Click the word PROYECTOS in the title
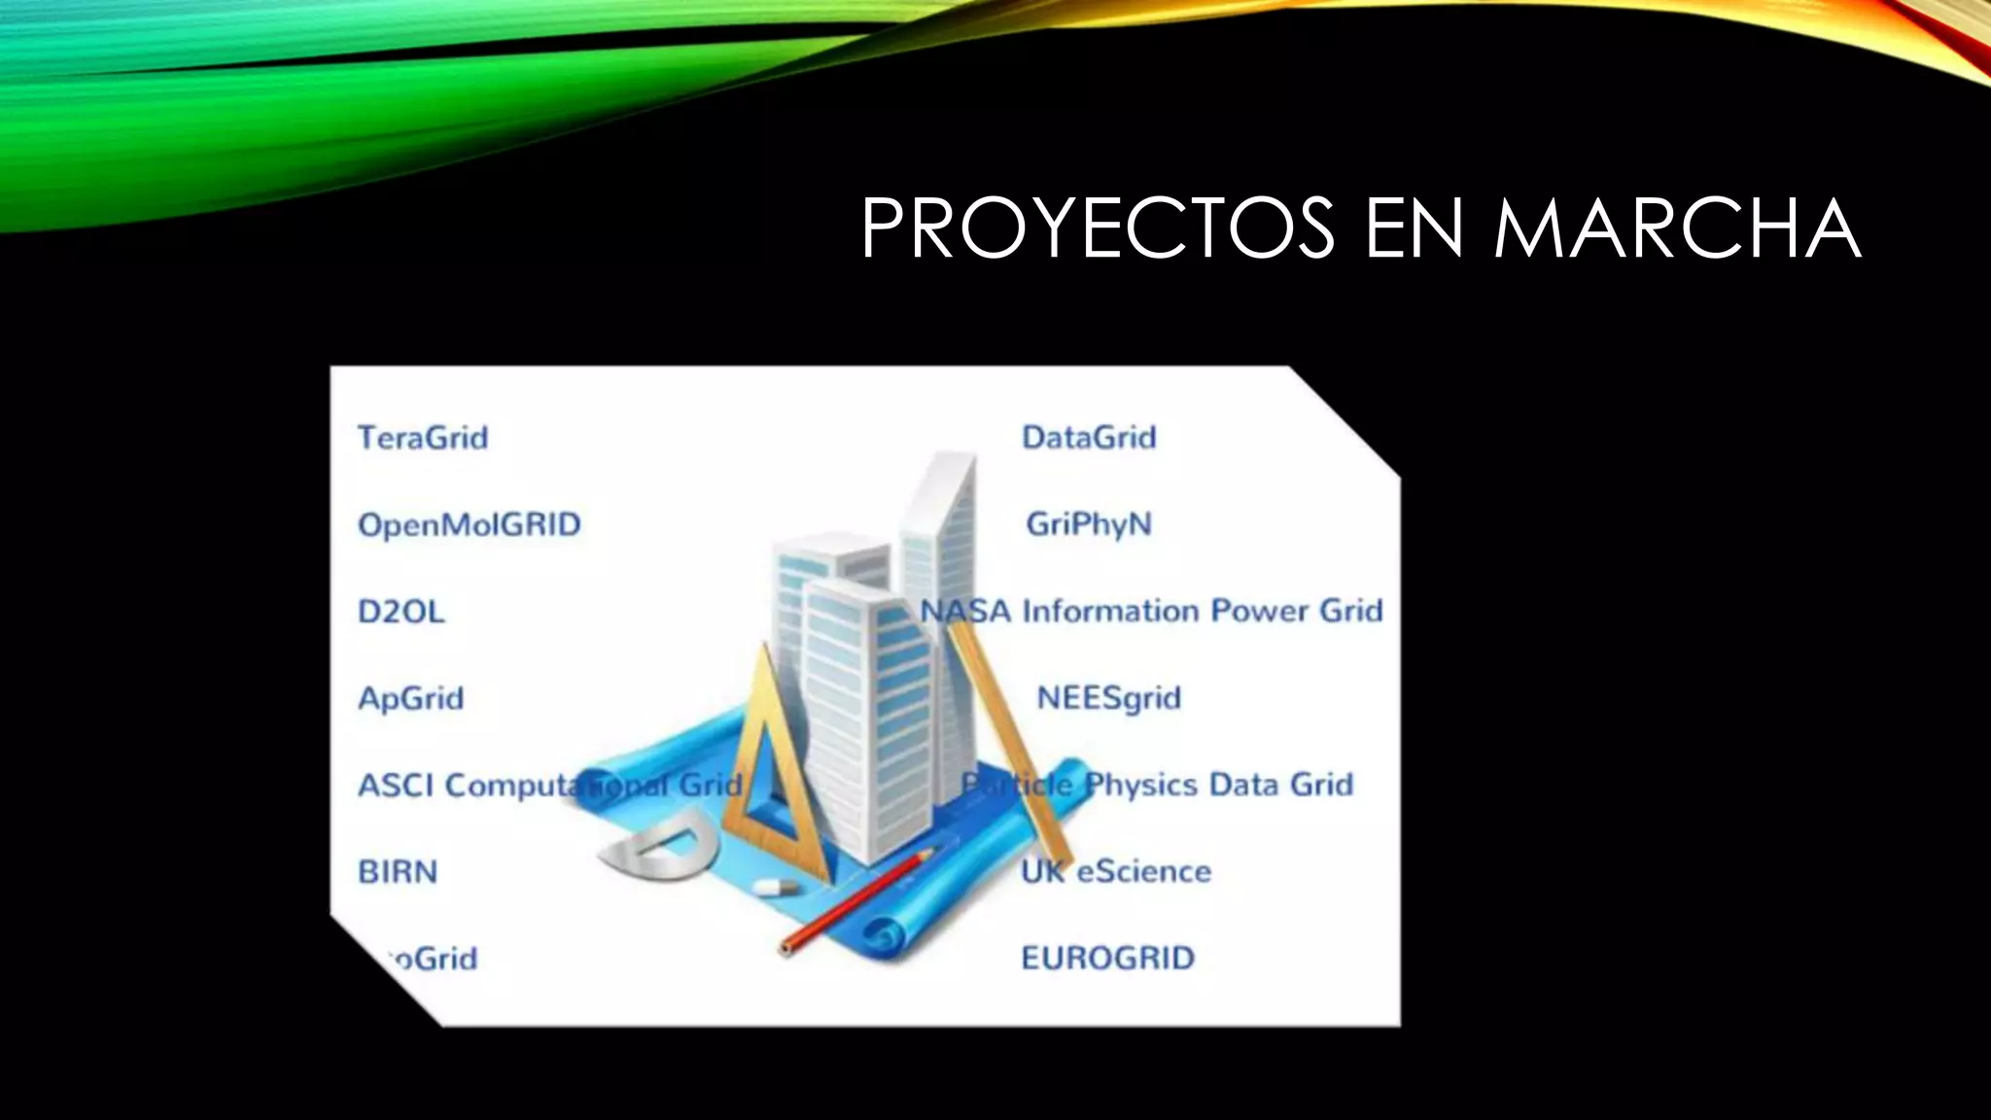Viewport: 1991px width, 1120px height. [x=1098, y=229]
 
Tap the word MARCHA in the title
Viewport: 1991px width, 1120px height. [x=1677, y=229]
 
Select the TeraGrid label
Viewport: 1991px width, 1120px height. [x=423, y=437]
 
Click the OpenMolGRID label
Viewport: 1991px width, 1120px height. [x=470, y=525]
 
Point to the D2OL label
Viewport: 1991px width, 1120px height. [x=402, y=612]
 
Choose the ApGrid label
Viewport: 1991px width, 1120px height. [x=411, y=698]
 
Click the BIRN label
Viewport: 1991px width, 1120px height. [x=398, y=871]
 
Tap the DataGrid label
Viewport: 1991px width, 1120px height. [x=1089, y=437]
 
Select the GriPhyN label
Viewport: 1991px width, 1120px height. [x=1089, y=525]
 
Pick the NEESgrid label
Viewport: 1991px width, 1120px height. [x=1109, y=698]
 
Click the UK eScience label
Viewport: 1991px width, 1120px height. [x=1116, y=871]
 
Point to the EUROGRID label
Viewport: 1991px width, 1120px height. [x=1107, y=959]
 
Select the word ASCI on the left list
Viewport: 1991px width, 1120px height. [x=395, y=785]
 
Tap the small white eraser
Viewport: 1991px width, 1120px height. [x=775, y=887]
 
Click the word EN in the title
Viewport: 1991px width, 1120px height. [x=1415, y=229]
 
